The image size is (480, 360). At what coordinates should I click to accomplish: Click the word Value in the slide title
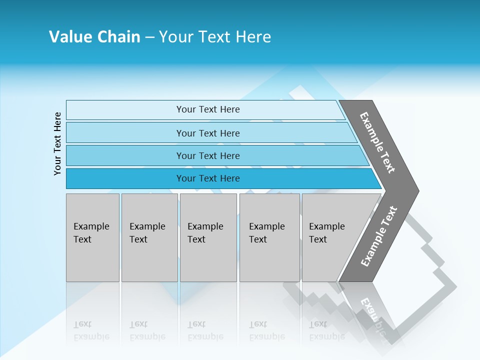click(x=70, y=37)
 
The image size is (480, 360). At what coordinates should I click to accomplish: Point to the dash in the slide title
click(x=149, y=37)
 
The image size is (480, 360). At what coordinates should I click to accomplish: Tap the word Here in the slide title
click(x=253, y=37)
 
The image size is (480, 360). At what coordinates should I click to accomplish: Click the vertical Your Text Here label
click(x=57, y=143)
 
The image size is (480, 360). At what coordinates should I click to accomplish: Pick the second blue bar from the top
click(x=207, y=133)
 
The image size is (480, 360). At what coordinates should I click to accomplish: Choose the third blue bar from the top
click(x=207, y=155)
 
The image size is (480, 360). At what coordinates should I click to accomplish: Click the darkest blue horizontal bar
click(x=207, y=178)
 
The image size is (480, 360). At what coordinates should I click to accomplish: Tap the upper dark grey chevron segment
click(x=378, y=142)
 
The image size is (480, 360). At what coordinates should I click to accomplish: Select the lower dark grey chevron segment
click(x=378, y=237)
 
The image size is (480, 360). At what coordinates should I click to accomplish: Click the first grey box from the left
click(x=92, y=237)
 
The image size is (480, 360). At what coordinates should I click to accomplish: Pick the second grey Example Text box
click(x=149, y=237)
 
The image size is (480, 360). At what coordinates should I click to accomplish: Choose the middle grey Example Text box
click(x=208, y=237)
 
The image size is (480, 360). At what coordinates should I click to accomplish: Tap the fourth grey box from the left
click(x=269, y=237)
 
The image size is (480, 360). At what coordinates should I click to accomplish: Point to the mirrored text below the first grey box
click(x=91, y=330)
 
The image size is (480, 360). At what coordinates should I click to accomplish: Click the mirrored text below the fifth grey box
click(x=327, y=330)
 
